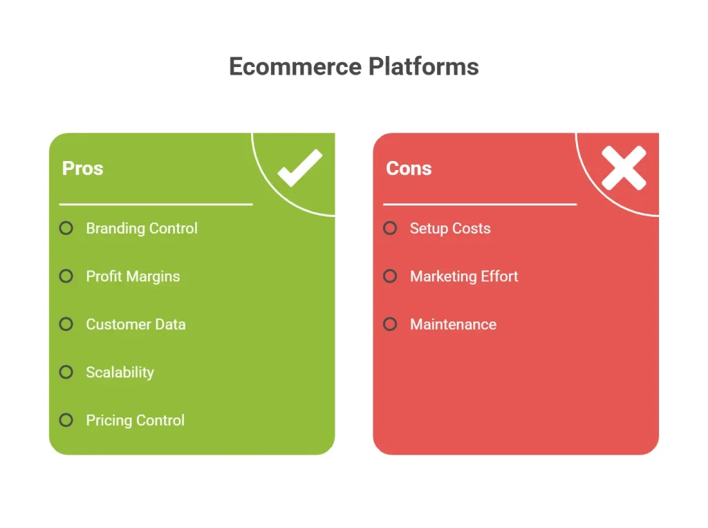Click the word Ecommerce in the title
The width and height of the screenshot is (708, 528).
pos(295,66)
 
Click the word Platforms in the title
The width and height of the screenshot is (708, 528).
pos(424,66)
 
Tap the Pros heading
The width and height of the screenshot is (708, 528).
pos(83,169)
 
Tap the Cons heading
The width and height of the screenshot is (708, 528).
pos(409,169)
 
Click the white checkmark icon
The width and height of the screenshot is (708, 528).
pos(300,168)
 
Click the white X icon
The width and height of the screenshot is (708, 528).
pos(624,168)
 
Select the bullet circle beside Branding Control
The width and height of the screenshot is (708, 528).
pos(66,228)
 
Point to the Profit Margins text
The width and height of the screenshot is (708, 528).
pos(133,276)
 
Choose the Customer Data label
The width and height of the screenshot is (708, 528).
pos(136,324)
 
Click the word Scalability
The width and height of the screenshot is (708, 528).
pos(120,373)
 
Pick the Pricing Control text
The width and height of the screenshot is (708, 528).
pos(136,420)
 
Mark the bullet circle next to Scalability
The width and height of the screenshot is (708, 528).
pos(66,372)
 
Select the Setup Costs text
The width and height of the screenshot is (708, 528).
pos(450,228)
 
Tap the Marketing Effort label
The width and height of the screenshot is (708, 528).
pos(464,276)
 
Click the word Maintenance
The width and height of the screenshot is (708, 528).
pos(454,324)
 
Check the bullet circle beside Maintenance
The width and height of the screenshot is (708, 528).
pos(390,324)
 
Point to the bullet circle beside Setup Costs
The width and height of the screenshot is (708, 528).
pos(390,228)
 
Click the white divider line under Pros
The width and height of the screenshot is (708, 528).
pos(156,205)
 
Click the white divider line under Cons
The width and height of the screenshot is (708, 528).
pos(480,205)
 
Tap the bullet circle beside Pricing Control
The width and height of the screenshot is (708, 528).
pos(66,420)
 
